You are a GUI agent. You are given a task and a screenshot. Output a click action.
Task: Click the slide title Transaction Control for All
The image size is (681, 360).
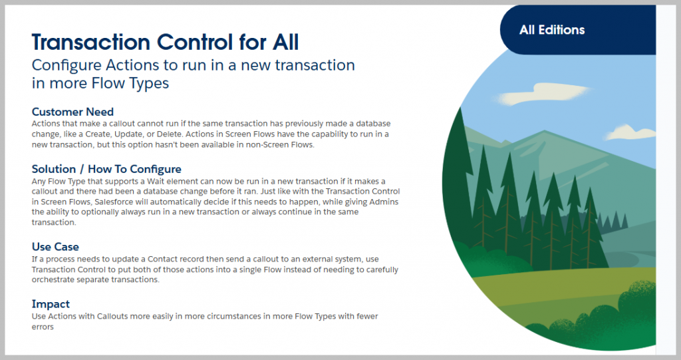tap(165, 43)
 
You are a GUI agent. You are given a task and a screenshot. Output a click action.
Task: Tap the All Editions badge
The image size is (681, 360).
tap(552, 30)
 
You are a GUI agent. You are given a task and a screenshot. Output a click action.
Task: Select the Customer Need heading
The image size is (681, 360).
tap(72, 112)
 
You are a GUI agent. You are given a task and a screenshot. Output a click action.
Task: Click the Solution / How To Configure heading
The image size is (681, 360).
tap(106, 169)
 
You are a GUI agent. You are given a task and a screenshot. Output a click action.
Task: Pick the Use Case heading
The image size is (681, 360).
tap(55, 247)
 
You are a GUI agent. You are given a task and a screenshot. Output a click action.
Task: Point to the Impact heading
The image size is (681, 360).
tap(51, 304)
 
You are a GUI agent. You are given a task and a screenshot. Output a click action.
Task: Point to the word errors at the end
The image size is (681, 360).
tap(43, 327)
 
